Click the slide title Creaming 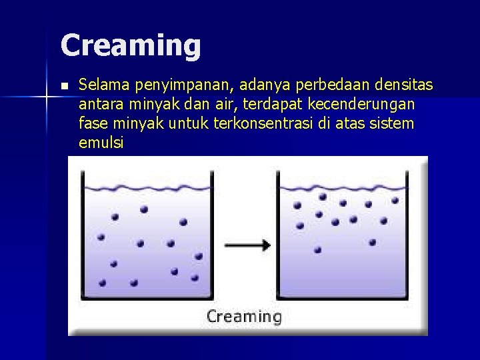tap(131, 45)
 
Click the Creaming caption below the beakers tap(244, 316)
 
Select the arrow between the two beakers tap(247, 245)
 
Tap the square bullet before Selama tap(63, 86)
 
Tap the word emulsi tap(101, 143)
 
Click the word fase tap(92, 123)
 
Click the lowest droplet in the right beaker tap(318, 250)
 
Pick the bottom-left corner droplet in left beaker tap(102, 283)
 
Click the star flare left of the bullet tap(47, 97)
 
